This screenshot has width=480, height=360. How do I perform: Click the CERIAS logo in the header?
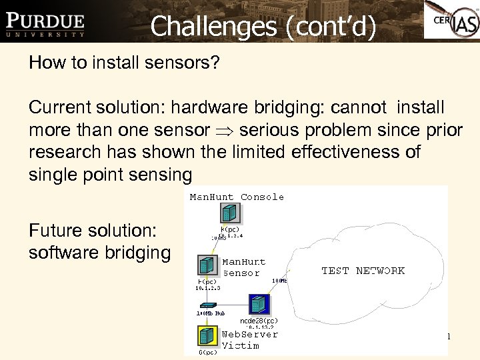tap(451, 21)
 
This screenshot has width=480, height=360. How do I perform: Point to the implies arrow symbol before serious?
tap(227, 130)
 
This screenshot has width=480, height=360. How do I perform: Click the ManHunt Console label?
tap(237, 197)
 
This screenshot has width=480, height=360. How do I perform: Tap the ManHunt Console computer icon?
tap(228, 213)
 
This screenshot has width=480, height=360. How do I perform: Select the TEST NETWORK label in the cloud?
tap(363, 271)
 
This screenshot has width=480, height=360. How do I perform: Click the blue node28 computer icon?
tap(258, 304)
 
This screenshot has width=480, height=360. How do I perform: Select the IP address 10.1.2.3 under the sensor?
tap(208, 288)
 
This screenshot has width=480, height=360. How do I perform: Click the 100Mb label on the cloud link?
tap(280, 282)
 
